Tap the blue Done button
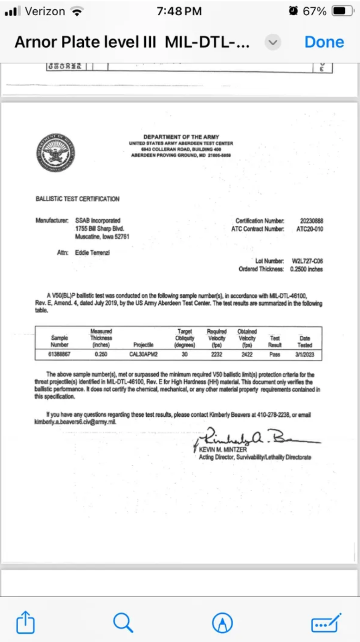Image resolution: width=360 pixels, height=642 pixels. tap(324, 42)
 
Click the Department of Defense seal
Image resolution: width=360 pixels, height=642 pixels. tap(56, 153)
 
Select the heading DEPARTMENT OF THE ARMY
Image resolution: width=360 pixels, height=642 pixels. tap(181, 137)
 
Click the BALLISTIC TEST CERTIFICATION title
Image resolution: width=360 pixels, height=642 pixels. tap(77, 199)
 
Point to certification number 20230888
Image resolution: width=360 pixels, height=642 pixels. tap(311, 221)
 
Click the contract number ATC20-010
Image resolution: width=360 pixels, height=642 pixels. tap(310, 229)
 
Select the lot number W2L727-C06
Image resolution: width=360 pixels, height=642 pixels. tap(307, 261)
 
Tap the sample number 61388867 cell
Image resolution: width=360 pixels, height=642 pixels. tap(59, 355)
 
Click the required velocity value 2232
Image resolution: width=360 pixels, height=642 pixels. tap(216, 355)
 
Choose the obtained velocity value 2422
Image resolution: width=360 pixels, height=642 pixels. tap(247, 355)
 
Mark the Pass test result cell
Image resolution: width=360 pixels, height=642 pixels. tap(275, 355)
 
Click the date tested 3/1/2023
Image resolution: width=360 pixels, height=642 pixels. tap(305, 355)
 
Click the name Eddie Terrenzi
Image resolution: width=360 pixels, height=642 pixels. tap(93, 253)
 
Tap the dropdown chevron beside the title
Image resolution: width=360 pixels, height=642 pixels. tap(273, 43)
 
